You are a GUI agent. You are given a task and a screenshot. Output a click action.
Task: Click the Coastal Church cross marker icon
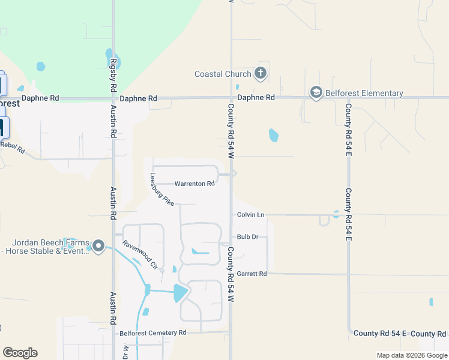pyautogui.click(x=261, y=74)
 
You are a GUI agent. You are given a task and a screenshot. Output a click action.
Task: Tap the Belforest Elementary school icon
pyautogui.click(x=316, y=93)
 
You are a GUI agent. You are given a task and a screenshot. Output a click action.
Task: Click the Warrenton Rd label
pyautogui.click(x=194, y=184)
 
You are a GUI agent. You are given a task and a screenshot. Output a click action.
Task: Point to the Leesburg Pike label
pyautogui.click(x=161, y=190)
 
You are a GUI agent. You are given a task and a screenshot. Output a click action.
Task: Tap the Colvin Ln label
pyautogui.click(x=250, y=215)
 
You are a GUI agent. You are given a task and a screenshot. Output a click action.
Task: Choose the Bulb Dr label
pyautogui.click(x=247, y=237)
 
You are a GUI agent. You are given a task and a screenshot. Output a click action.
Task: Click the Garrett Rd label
pyautogui.click(x=252, y=274)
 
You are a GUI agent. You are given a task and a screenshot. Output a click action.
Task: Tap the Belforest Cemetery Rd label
pyautogui.click(x=153, y=332)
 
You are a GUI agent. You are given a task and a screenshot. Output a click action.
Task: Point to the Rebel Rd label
pyautogui.click(x=12, y=146)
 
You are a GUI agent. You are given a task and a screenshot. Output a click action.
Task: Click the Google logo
pyautogui.click(x=20, y=353)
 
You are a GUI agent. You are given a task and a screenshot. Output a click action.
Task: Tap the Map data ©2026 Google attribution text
pyautogui.click(x=411, y=355)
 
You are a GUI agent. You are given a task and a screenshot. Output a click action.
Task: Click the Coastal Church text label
pyautogui.click(x=223, y=74)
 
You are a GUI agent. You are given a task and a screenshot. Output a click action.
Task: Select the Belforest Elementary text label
pyautogui.click(x=364, y=93)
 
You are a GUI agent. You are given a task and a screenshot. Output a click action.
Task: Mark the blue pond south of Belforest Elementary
pyautogui.click(x=274, y=135)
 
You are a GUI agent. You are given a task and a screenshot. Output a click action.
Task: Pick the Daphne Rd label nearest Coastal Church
pyautogui.click(x=256, y=97)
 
